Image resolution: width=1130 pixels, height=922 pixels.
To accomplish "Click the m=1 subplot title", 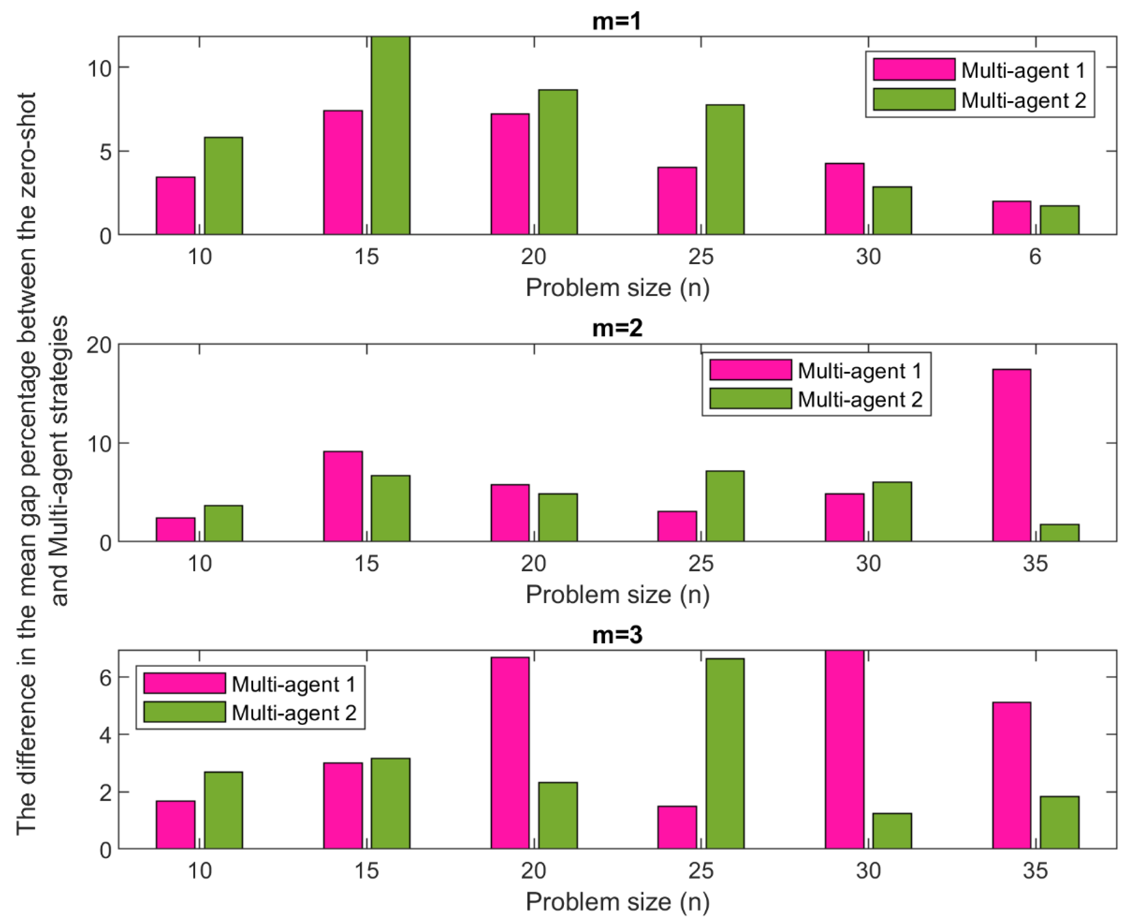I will pos(617,21).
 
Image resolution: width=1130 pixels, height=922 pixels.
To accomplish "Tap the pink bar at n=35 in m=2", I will pos(1011,455).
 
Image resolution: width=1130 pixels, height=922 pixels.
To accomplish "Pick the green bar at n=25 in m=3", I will pos(725,753).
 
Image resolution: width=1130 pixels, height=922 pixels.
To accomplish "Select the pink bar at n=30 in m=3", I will pos(844,749).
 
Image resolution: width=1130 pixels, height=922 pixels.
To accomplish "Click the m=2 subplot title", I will pos(617,328).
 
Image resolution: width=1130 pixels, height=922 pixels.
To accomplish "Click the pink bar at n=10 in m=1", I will pos(175,206).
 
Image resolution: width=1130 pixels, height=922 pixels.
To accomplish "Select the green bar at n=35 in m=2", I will pos(1059,533).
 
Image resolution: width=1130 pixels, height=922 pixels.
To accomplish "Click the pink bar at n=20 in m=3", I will pos(510,753).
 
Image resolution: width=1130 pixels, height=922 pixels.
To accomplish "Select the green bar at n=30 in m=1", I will pos(892,210).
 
